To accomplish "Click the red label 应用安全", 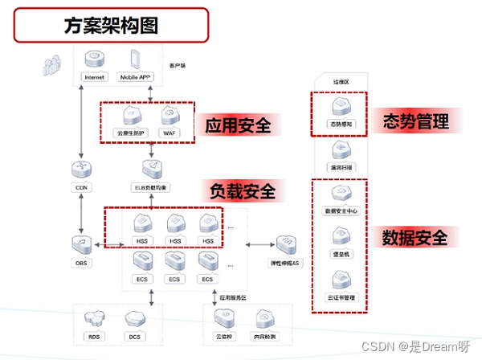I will pos(238,125).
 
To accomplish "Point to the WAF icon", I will pos(169,116).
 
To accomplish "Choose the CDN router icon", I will pos(82,170).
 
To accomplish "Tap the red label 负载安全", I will pos(243,191).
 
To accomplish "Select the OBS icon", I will pos(82,243).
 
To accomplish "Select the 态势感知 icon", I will pos(340,109).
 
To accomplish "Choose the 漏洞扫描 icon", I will pos(340,151).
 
